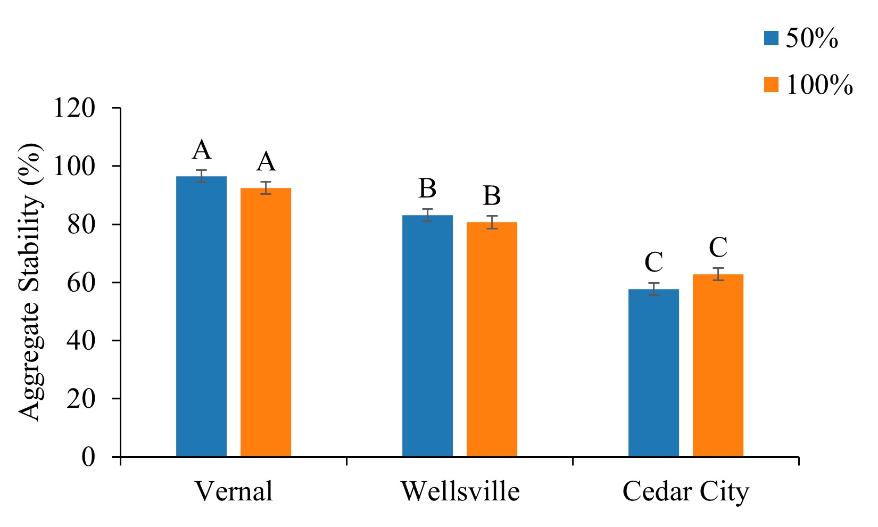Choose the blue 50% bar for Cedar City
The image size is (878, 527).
point(653,373)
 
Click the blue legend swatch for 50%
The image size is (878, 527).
point(771,38)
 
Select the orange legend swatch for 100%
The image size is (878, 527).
point(771,85)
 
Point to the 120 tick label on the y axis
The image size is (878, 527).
point(74,108)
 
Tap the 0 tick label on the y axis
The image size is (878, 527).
point(88,457)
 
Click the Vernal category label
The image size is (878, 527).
point(234,491)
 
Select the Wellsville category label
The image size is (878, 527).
point(460,491)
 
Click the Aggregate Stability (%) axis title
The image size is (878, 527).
point(30,282)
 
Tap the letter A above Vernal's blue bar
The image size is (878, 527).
point(202,150)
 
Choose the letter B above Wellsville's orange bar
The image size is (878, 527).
point(492,196)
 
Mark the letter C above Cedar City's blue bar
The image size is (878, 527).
point(653,262)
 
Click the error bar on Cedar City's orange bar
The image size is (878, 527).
point(718,274)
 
